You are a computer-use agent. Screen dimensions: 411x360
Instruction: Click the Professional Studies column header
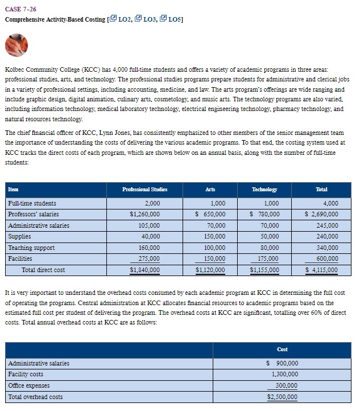click(145, 189)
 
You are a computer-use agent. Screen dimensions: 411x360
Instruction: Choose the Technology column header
click(264, 189)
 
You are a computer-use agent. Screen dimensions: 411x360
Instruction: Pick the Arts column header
click(210, 189)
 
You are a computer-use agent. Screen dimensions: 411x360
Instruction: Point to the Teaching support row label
click(31, 248)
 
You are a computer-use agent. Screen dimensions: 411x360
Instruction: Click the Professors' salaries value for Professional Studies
click(145, 214)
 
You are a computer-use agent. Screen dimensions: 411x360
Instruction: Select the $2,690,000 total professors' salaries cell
click(321, 214)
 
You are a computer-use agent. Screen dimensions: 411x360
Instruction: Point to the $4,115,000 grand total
click(321, 270)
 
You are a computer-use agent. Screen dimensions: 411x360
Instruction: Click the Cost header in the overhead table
click(282, 349)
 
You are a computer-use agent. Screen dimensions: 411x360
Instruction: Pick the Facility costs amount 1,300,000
click(285, 375)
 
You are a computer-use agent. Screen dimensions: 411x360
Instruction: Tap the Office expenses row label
click(28, 385)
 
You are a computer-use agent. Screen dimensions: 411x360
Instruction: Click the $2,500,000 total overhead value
click(282, 397)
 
